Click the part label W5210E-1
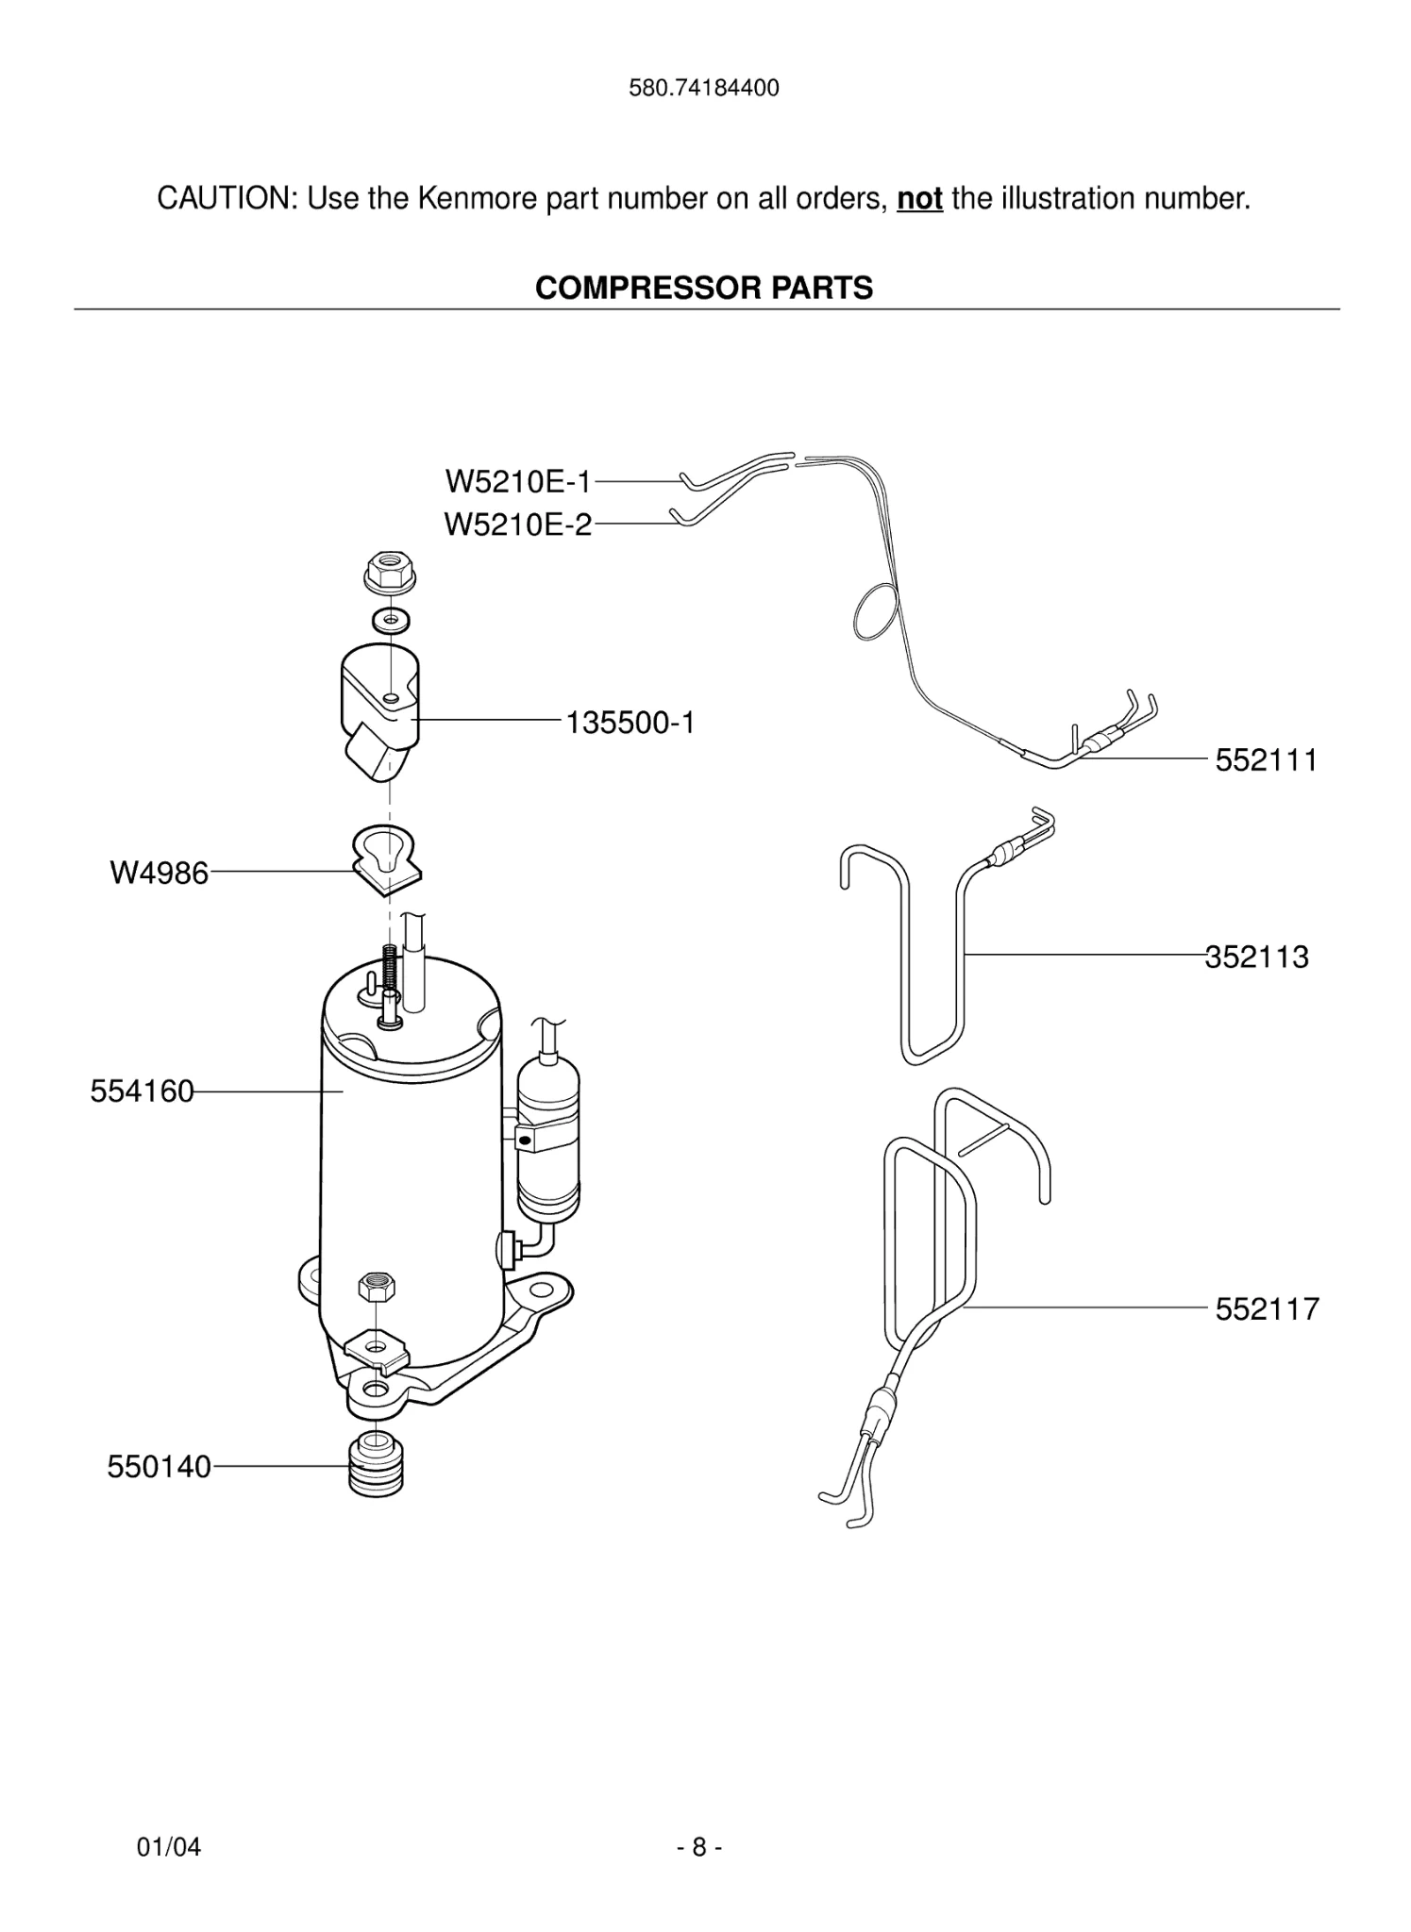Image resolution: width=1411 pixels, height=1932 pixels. pyautogui.click(x=517, y=482)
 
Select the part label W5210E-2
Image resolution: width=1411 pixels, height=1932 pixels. pyautogui.click(x=517, y=524)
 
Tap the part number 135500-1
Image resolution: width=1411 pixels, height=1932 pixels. pyautogui.click(x=630, y=724)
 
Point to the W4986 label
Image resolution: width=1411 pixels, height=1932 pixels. pyautogui.click(x=159, y=874)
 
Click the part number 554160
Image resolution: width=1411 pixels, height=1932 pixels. pyautogui.click(x=142, y=1091)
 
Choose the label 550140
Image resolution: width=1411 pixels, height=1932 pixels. pyautogui.click(x=159, y=1467)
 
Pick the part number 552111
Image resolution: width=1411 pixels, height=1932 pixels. pyautogui.click(x=1266, y=760)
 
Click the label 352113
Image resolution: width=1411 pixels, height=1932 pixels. pyautogui.click(x=1256, y=958)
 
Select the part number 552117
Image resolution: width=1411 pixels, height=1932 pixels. pyautogui.click(x=1267, y=1309)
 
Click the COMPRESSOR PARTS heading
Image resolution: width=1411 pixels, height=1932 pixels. pyautogui.click(x=704, y=288)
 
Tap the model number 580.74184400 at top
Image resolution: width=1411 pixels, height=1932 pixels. pyautogui.click(x=704, y=89)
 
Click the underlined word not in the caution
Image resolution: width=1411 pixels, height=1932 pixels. pyautogui.click(x=919, y=199)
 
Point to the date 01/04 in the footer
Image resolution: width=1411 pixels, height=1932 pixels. pyautogui.click(x=169, y=1847)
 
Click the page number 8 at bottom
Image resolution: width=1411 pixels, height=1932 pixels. pyautogui.click(x=699, y=1847)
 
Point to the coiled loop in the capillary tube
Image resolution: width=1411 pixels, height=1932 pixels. pyautogui.click(x=874, y=611)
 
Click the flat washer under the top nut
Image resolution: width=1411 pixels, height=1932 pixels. pyautogui.click(x=390, y=621)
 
